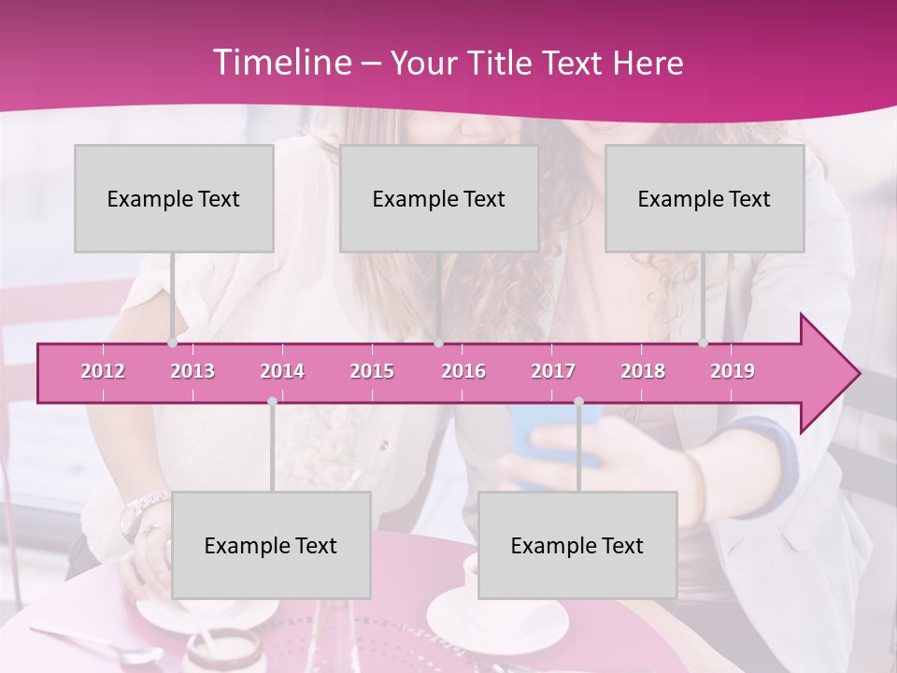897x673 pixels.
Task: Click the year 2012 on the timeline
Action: coord(103,371)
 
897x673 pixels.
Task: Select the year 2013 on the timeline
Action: coord(192,371)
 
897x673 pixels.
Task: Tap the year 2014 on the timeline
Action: coord(282,371)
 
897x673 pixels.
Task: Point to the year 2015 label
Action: coord(372,371)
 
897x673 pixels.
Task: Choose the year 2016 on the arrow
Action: coord(463,371)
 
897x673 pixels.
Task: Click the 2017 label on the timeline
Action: coord(553,371)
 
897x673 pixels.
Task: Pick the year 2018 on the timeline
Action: coord(643,371)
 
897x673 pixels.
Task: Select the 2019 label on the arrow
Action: coord(733,371)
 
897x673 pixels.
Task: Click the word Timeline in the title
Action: coord(281,63)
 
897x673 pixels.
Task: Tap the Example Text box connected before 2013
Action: coord(174,198)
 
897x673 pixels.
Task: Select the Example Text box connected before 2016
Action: coord(439,198)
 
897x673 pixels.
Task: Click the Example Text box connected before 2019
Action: coord(705,198)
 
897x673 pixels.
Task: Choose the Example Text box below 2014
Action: coord(271,545)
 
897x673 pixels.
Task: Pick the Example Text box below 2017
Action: coord(577,545)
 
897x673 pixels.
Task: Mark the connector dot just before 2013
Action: coord(172,342)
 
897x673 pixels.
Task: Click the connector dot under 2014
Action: coord(272,401)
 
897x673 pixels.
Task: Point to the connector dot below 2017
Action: coord(578,401)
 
